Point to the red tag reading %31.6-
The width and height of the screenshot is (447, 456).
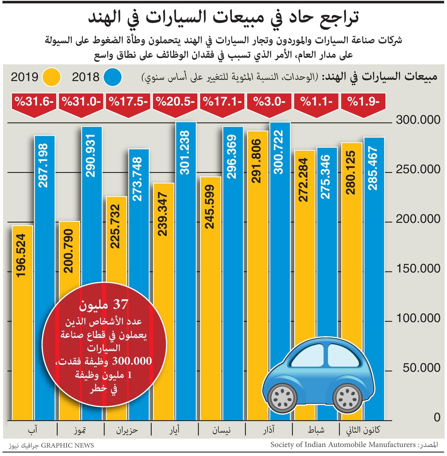34,102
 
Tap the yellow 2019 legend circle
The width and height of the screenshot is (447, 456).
52,77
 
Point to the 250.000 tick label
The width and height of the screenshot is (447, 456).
418,169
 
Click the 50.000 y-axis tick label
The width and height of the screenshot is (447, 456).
421,368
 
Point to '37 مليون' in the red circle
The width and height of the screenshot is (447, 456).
104,305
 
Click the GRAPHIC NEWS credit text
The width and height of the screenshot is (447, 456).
67,446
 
